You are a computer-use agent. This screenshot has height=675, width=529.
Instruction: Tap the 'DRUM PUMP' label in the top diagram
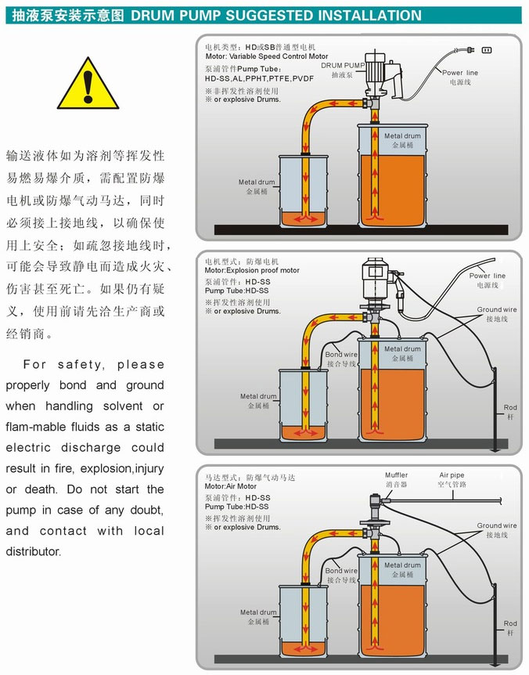tap(343, 65)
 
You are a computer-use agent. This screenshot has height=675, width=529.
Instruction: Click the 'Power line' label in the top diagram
tap(461, 72)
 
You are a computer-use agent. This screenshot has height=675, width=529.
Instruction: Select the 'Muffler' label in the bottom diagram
tap(396, 475)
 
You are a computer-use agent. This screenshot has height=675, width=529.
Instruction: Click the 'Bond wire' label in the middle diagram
tap(341, 355)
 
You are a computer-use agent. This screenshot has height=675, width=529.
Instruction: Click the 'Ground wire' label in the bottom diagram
tap(497, 526)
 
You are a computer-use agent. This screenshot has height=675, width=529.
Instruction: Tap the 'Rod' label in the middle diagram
tap(509, 407)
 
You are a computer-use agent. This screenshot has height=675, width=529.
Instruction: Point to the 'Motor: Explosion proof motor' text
tap(252, 271)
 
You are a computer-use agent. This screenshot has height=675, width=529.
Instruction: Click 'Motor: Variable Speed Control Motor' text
tap(267, 56)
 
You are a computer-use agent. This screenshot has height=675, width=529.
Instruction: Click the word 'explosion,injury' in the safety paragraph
tap(121, 468)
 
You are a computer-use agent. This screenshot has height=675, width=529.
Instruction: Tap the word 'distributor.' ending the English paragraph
tap(33, 551)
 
